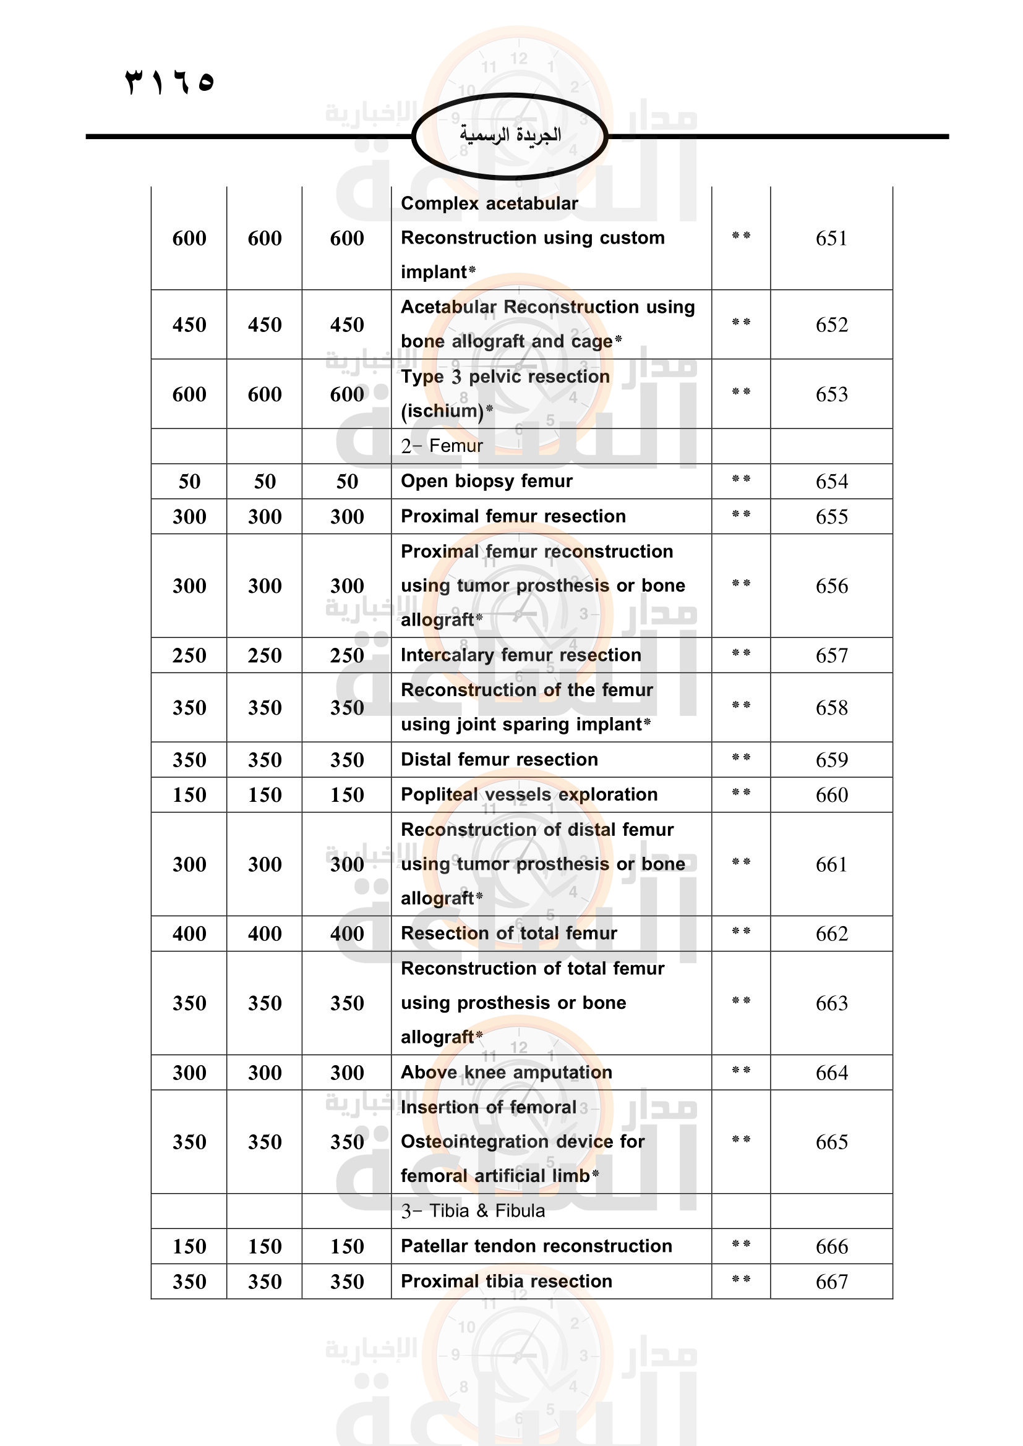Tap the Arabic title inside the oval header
pos(510,135)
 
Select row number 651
pos(831,238)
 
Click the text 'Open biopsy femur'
pos(486,481)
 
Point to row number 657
pos(831,655)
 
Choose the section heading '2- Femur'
pos(442,446)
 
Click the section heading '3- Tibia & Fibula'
pos(473,1210)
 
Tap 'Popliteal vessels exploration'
pos(529,794)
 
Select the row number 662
pos(831,934)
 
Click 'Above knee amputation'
pos(507,1072)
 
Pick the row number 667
pos(831,1282)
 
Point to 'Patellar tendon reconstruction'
pos(536,1246)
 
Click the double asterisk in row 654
pos(741,479)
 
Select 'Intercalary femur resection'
pos(521,655)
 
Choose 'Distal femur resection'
pos(499,760)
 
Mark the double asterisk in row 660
pos(741,793)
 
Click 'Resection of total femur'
pos(509,933)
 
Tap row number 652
pos(831,325)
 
